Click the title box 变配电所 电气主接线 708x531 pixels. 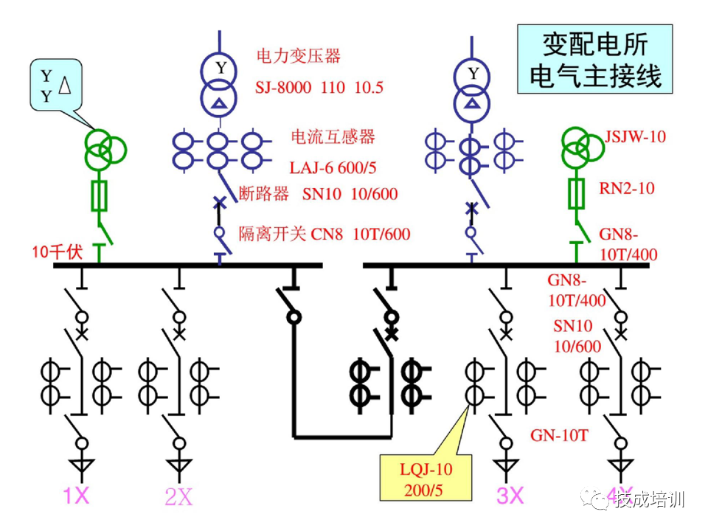pyautogui.click(x=594, y=58)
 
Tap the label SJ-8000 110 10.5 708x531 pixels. pyautogui.click(x=320, y=88)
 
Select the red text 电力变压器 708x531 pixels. pyautogui.click(x=298, y=55)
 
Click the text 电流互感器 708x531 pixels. pyautogui.click(x=333, y=136)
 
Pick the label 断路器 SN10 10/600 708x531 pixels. pyautogui.click(x=318, y=194)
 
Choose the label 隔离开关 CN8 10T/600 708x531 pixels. pyautogui.click(x=324, y=235)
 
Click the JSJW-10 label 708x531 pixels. pyautogui.click(x=635, y=136)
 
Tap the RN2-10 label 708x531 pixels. pyautogui.click(x=626, y=188)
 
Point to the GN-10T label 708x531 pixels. pyautogui.click(x=559, y=435)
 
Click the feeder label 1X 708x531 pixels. pyautogui.click(x=76, y=496)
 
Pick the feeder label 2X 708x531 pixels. pyautogui.click(x=178, y=498)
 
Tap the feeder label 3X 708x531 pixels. pyautogui.click(x=509, y=496)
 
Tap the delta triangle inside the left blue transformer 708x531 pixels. pyautogui.click(x=218, y=105)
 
